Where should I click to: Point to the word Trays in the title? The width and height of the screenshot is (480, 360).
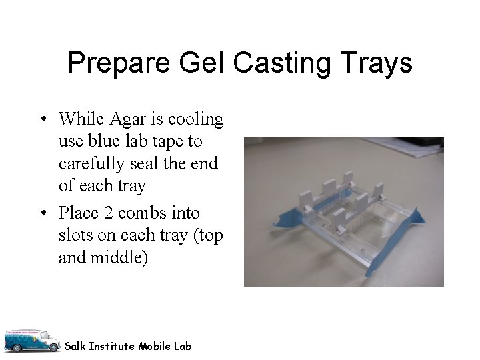pyautogui.click(x=379, y=64)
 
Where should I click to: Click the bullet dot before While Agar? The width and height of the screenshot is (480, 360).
pyautogui.click(x=42, y=121)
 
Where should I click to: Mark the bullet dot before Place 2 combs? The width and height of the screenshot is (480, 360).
pyautogui.click(x=42, y=214)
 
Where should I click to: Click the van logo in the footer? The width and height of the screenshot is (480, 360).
pyautogui.click(x=31, y=341)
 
